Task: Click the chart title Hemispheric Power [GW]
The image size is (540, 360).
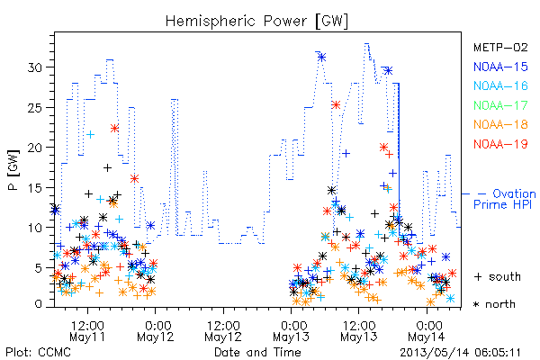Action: point(256,21)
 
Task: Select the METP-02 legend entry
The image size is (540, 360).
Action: point(500,47)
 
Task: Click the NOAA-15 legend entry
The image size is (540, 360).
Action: point(500,67)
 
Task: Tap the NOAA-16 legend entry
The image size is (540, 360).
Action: point(500,85)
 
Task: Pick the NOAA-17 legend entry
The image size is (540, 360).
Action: point(500,105)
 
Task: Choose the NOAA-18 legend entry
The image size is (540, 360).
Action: point(500,124)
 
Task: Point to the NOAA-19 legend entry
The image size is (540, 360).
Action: point(500,144)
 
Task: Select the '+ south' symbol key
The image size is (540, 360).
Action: point(498,276)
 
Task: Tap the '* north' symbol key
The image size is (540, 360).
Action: point(494,304)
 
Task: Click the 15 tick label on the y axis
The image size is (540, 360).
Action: point(35,188)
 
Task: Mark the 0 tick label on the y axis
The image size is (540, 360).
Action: point(39,304)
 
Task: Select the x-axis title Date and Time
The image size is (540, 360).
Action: point(257,353)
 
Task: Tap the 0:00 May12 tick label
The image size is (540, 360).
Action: point(156,331)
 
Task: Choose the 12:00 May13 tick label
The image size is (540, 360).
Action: point(359,331)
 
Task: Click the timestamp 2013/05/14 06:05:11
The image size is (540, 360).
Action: point(460,353)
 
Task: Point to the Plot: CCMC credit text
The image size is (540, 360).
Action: point(38,353)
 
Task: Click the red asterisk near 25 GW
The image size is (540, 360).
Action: point(336,104)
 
